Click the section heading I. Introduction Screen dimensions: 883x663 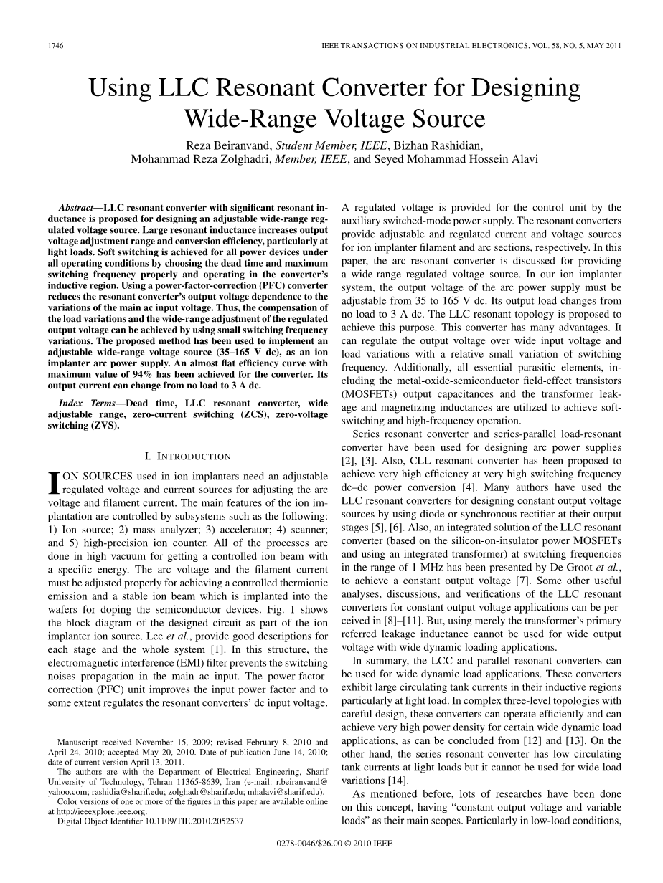188,456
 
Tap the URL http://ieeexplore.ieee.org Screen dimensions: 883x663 97,812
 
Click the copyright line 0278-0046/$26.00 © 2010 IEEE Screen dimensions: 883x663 334,844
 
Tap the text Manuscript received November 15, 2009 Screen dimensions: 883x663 126,742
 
